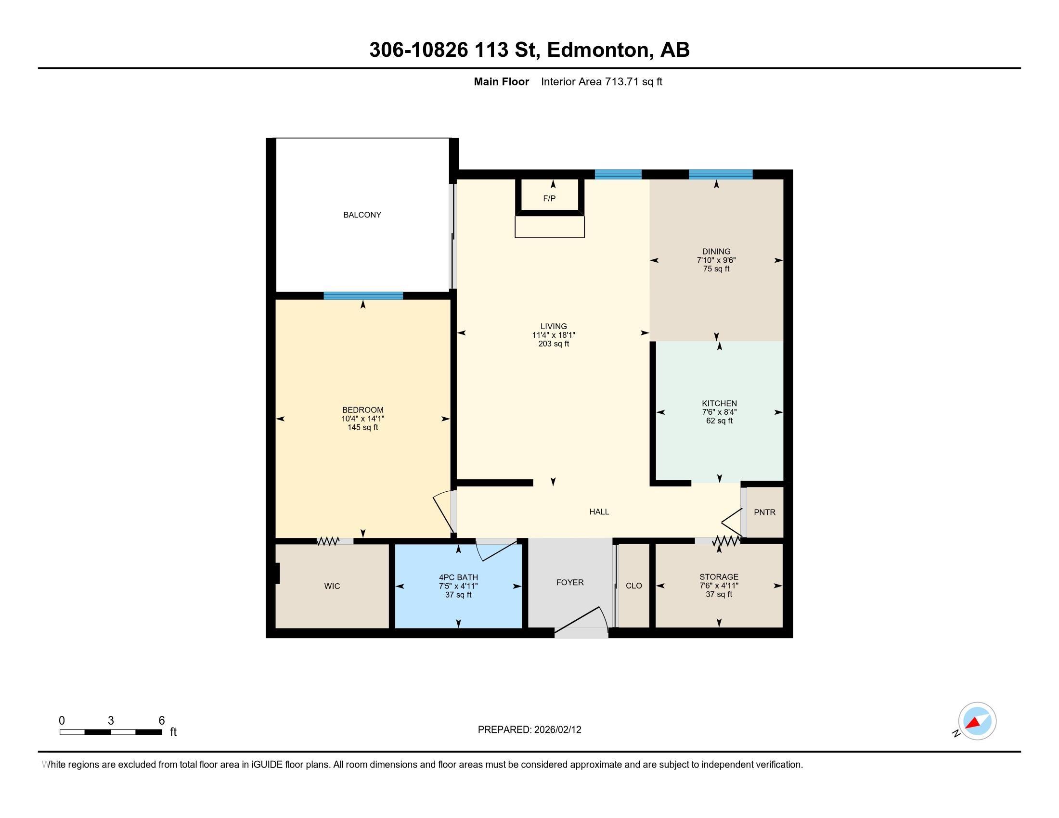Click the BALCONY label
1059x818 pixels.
click(x=362, y=215)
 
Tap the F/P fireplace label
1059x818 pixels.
click(x=549, y=198)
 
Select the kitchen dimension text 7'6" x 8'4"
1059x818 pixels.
click(x=719, y=412)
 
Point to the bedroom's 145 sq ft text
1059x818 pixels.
click(x=362, y=427)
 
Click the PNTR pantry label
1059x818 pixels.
click(x=765, y=512)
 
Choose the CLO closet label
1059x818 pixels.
click(x=634, y=586)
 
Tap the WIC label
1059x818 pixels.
click(x=332, y=586)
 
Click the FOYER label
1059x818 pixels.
click(x=570, y=582)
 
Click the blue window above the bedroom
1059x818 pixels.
click(x=363, y=295)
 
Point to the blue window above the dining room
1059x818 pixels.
click(x=721, y=175)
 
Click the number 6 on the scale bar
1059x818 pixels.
click(x=162, y=720)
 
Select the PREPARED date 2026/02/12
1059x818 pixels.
click(x=557, y=729)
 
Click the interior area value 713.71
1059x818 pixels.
click(x=621, y=81)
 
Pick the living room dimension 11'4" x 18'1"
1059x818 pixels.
click(x=553, y=335)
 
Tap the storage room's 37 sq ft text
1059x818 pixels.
click(x=719, y=594)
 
